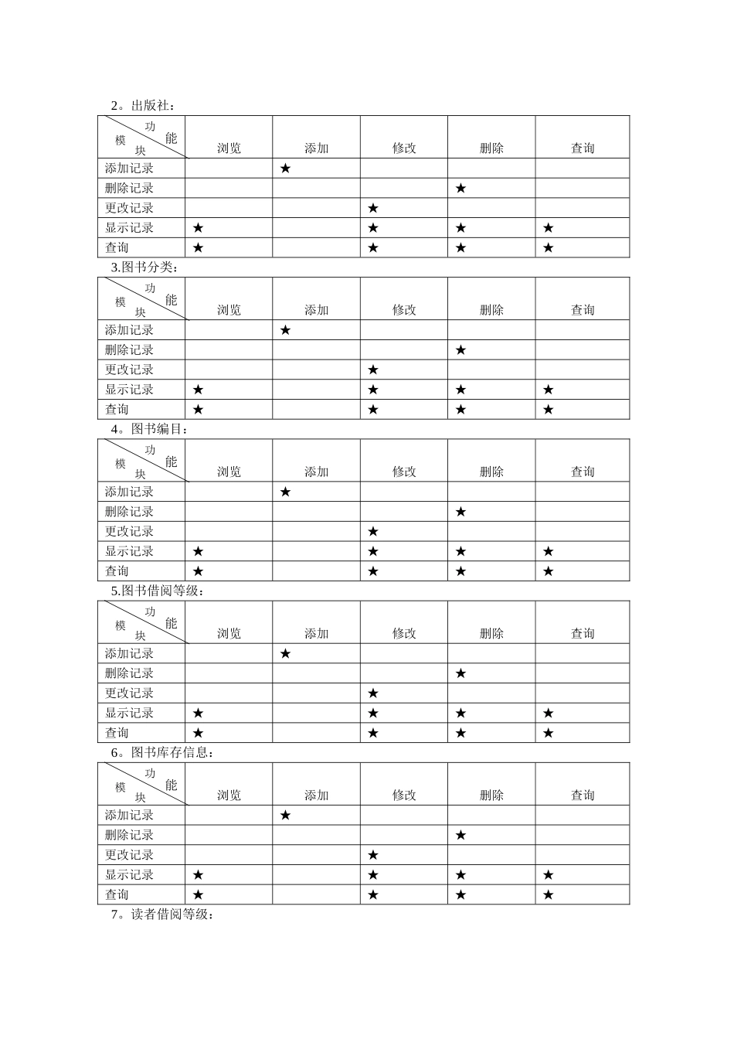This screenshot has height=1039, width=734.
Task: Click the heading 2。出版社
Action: [143, 106]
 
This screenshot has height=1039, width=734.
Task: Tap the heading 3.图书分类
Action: [144, 267]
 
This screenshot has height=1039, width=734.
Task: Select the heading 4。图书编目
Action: [149, 429]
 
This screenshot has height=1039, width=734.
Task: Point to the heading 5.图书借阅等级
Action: [158, 591]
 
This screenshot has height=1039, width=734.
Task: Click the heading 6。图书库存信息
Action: [162, 752]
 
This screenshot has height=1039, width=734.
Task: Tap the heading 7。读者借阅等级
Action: [161, 915]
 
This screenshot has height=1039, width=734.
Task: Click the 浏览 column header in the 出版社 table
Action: [229, 148]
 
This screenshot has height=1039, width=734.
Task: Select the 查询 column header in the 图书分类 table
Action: [583, 310]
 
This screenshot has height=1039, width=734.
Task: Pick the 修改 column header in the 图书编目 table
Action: [404, 472]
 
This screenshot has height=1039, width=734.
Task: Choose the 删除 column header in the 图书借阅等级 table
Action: [491, 633]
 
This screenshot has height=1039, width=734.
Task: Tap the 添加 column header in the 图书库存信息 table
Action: [316, 795]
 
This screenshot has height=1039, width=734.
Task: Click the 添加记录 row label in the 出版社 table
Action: [130, 168]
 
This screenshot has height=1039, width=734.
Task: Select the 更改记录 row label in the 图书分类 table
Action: [130, 370]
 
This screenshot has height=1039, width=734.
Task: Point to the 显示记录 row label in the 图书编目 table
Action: [130, 551]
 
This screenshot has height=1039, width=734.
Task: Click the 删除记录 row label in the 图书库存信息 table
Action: [130, 835]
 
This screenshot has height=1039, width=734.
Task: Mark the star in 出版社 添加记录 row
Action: [285, 168]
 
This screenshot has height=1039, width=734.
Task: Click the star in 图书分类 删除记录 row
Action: [460, 350]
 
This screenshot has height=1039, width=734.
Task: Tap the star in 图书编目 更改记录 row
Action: [373, 532]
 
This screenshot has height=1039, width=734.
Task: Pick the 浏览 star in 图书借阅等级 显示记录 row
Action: [198, 713]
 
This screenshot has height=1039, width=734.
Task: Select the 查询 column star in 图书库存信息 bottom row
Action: [548, 895]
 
